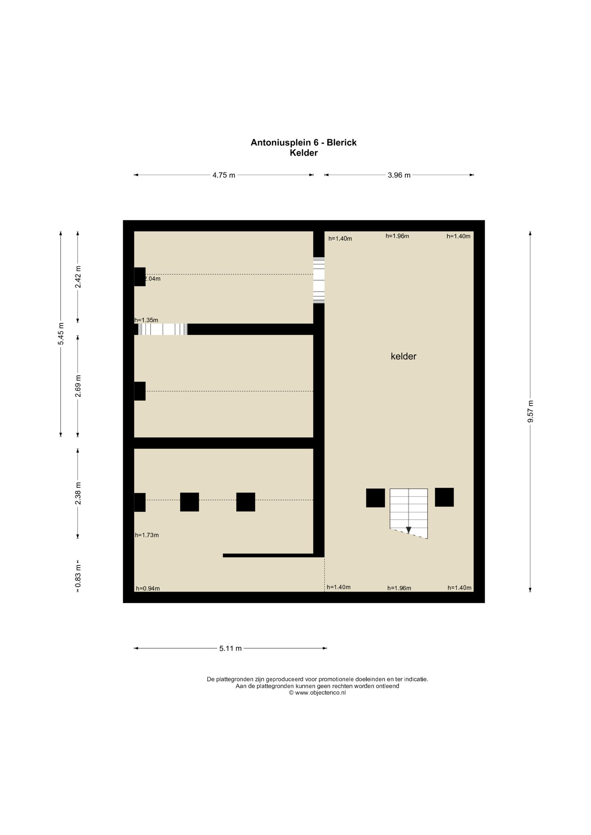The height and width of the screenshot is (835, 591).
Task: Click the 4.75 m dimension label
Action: [224, 175]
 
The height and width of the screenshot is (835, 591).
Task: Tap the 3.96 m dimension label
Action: [399, 175]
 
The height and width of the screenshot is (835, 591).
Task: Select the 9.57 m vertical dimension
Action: [530, 412]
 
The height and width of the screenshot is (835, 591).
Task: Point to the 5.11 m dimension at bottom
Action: [231, 648]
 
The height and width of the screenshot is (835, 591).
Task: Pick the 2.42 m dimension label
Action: [78, 277]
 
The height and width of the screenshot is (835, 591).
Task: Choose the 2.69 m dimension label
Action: [78, 386]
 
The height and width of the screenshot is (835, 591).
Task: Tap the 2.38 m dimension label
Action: [78, 493]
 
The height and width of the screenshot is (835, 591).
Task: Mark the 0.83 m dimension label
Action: [78, 576]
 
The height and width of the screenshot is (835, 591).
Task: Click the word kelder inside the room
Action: [403, 356]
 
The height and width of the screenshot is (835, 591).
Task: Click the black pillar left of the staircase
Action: [376, 498]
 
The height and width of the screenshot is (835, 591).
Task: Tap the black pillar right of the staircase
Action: [444, 497]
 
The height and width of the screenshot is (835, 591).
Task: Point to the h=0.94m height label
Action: [148, 588]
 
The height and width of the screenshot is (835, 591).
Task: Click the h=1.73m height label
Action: [147, 535]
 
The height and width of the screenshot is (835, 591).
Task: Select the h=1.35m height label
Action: [146, 320]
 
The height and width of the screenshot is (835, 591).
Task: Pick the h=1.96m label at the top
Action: [397, 236]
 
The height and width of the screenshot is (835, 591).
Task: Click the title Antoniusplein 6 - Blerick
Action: [304, 142]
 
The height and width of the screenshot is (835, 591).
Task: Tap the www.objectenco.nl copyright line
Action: [317, 693]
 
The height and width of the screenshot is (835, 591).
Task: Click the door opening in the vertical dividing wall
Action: [319, 280]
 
